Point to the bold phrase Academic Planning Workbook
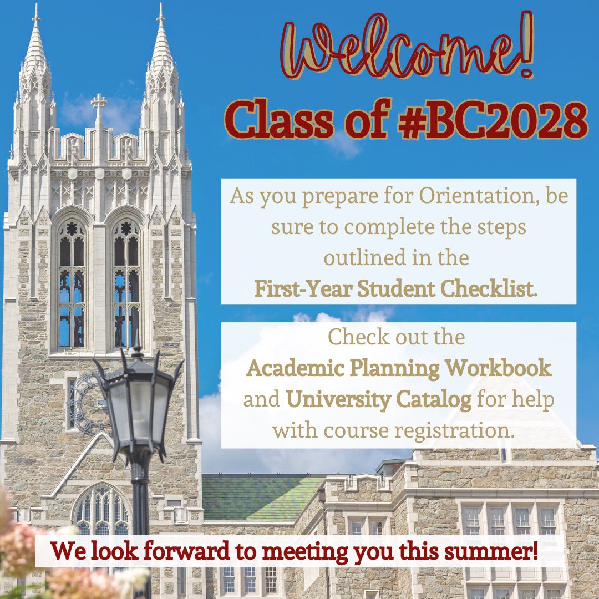point(399,368)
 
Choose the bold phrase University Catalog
point(378,400)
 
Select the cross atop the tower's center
point(99,103)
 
